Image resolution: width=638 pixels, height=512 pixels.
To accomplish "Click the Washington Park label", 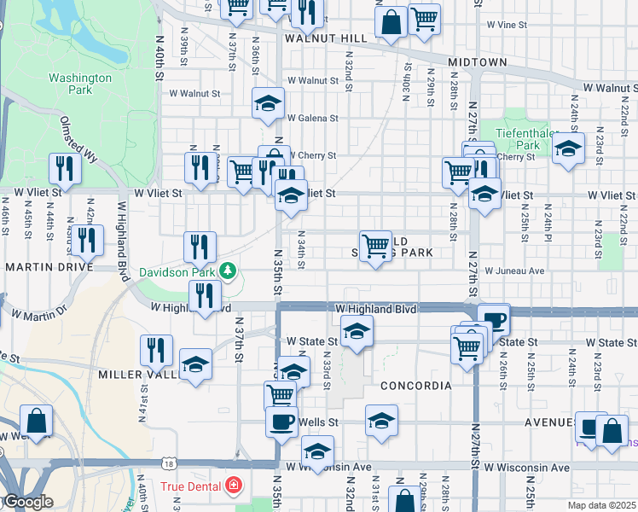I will pos(80,83).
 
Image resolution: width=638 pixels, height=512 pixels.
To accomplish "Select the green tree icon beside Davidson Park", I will pos(227,271).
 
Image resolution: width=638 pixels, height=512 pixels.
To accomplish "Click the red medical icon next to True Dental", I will pos(233,486).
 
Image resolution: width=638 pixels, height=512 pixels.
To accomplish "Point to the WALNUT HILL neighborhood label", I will pos(326,38).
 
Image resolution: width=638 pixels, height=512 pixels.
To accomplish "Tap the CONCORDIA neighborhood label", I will pos(415,386).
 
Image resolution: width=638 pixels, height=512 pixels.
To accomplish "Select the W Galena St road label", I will pos(313,119).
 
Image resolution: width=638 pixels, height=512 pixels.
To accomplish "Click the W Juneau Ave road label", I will pos(514,271).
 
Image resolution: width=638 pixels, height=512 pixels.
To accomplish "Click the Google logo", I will pos(27,503).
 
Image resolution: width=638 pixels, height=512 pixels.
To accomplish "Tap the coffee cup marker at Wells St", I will pos(281,421).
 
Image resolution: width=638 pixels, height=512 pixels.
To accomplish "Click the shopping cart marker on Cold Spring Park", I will pos(375,247).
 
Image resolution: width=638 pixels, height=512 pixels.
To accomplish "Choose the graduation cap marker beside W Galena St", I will pos(269,103).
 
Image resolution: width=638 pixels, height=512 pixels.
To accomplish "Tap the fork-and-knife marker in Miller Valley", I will pos(156,350).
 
